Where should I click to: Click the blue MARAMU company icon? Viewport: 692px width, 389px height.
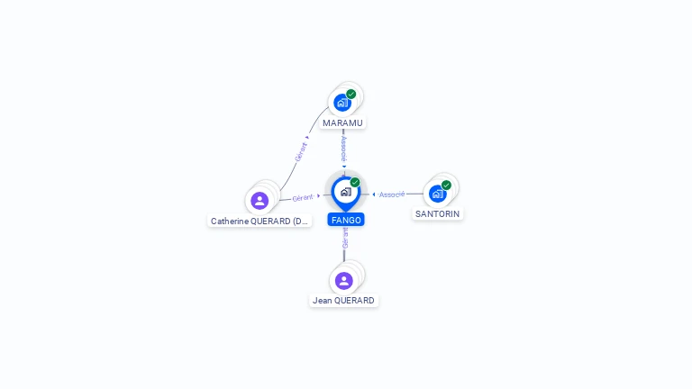342,103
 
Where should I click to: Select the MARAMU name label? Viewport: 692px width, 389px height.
343,122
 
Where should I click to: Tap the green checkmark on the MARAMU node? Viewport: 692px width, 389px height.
351,94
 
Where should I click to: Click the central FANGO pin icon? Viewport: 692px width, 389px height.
345,191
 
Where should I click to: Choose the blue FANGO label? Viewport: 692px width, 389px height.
346,220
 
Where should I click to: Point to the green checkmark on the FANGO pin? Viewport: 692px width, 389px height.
355,183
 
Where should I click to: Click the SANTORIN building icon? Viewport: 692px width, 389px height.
437,194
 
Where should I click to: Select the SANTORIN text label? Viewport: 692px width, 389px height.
438,214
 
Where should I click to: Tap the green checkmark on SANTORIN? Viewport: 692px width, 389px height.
446,185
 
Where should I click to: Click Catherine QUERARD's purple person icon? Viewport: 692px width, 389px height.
259,200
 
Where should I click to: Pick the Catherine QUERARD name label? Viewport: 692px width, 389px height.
259,221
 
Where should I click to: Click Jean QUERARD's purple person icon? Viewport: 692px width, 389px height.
344,280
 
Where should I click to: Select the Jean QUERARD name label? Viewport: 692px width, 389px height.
343,301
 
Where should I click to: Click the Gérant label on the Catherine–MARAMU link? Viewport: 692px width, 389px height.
301,151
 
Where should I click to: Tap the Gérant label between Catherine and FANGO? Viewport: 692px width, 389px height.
303,197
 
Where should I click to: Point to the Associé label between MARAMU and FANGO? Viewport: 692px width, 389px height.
344,148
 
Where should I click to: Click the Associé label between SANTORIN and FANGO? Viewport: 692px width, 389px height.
392,194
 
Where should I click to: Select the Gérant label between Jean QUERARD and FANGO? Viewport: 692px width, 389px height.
345,238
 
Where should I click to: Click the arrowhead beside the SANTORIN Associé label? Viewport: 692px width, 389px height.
374,194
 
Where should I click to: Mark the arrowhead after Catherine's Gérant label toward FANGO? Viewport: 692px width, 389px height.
318,195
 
